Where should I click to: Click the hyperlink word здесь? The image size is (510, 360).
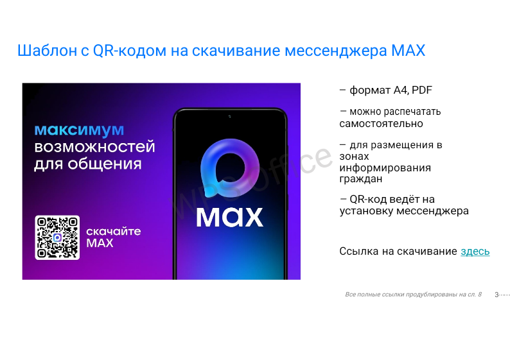click(x=475, y=251)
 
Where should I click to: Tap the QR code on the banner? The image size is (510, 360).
click(x=57, y=237)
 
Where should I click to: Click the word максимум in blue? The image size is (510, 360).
click(x=79, y=130)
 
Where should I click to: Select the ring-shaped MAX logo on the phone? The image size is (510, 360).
click(x=230, y=168)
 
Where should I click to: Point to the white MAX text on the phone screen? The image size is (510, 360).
click(x=230, y=217)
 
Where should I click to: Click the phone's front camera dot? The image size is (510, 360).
click(x=230, y=116)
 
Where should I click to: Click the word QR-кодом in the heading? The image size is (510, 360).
click(x=130, y=51)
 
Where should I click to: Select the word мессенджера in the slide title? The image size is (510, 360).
click(x=336, y=51)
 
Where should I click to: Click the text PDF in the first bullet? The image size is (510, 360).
click(x=422, y=90)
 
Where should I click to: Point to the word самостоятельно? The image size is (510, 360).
click(x=381, y=124)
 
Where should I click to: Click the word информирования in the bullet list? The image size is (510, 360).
click(x=385, y=168)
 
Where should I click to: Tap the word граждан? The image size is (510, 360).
click(x=361, y=179)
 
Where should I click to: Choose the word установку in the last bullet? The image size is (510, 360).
click(x=367, y=211)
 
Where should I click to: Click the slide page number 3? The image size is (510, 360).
click(x=497, y=295)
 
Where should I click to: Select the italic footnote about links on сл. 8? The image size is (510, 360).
click(x=413, y=295)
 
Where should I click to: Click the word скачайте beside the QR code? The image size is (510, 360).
click(x=114, y=232)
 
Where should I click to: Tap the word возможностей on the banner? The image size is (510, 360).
click(x=94, y=147)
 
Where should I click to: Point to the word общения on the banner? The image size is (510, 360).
click(x=105, y=164)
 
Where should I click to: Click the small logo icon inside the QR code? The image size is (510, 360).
click(x=57, y=237)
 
